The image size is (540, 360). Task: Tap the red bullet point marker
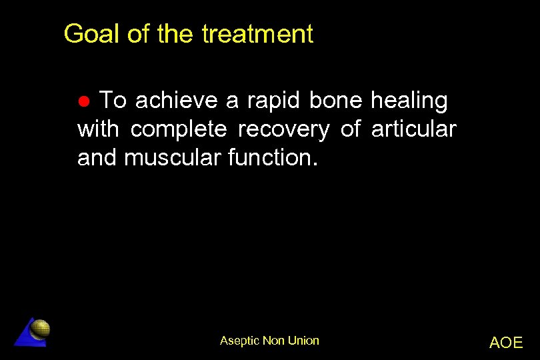84,102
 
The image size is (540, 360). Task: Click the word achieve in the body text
176,101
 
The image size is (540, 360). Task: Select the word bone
335,101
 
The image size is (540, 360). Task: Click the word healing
409,101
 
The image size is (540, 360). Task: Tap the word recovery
283,129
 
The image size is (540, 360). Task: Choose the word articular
413,129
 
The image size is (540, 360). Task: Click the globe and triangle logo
33,331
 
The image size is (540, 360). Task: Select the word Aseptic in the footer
239,341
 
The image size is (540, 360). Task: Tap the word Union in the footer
303,341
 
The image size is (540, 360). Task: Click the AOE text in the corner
506,343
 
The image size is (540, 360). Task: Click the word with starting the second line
98,129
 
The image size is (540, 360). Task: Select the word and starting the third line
98,158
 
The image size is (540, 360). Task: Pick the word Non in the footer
273,341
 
